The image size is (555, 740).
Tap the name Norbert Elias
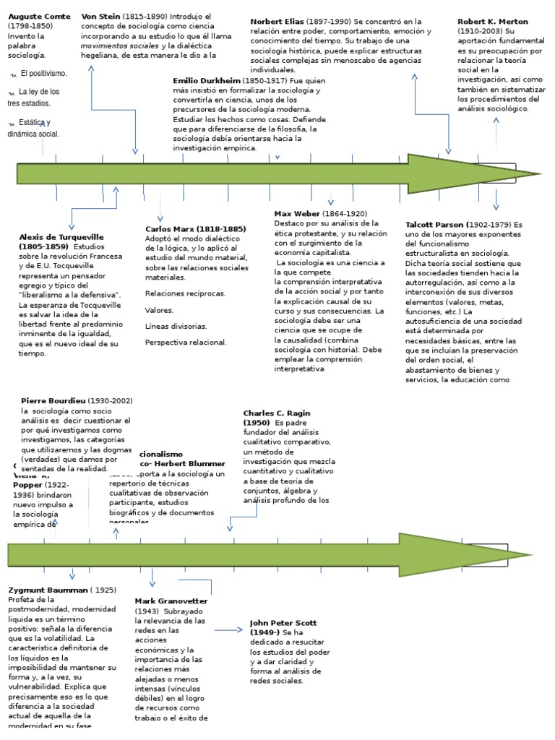pyautogui.click(x=277, y=22)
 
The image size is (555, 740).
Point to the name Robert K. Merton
pyautogui.click(x=493, y=22)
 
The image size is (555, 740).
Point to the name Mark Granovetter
pyautogui.click(x=171, y=601)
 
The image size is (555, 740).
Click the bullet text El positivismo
pyautogui.click(x=43, y=74)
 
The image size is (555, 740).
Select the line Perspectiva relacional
pyautogui.click(x=186, y=342)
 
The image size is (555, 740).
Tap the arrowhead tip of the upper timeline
pyautogui.click(x=538, y=173)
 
